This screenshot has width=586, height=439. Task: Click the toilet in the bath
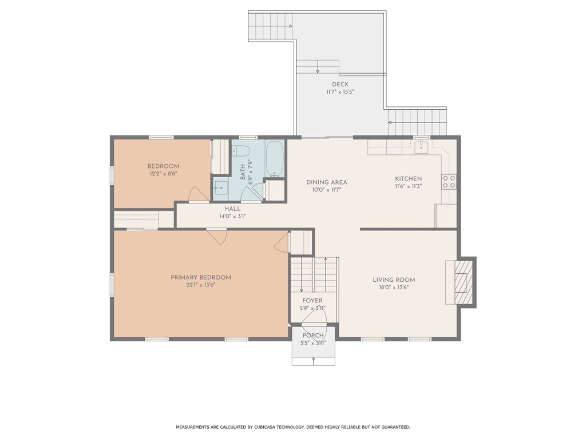click(241, 151)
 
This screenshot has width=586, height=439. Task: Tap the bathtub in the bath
click(275, 158)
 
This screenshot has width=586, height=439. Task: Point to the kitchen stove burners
click(449, 181)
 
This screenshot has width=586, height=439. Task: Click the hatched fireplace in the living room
click(464, 282)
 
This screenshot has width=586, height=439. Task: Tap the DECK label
click(340, 85)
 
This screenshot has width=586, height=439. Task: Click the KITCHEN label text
click(409, 179)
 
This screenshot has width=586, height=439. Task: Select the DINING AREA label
click(327, 182)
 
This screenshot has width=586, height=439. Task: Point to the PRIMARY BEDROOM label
click(201, 277)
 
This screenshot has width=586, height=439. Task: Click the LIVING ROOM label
click(394, 280)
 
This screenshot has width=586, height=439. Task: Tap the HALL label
click(232, 209)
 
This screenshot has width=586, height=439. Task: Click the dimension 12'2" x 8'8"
click(163, 174)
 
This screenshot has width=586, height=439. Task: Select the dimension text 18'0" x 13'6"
click(394, 288)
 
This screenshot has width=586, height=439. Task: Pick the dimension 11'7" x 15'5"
click(340, 91)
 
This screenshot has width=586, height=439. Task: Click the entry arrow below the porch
click(313, 361)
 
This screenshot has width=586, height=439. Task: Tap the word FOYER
click(312, 301)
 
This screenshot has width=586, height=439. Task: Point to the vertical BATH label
click(243, 172)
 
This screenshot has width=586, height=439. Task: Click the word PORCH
click(313, 336)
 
